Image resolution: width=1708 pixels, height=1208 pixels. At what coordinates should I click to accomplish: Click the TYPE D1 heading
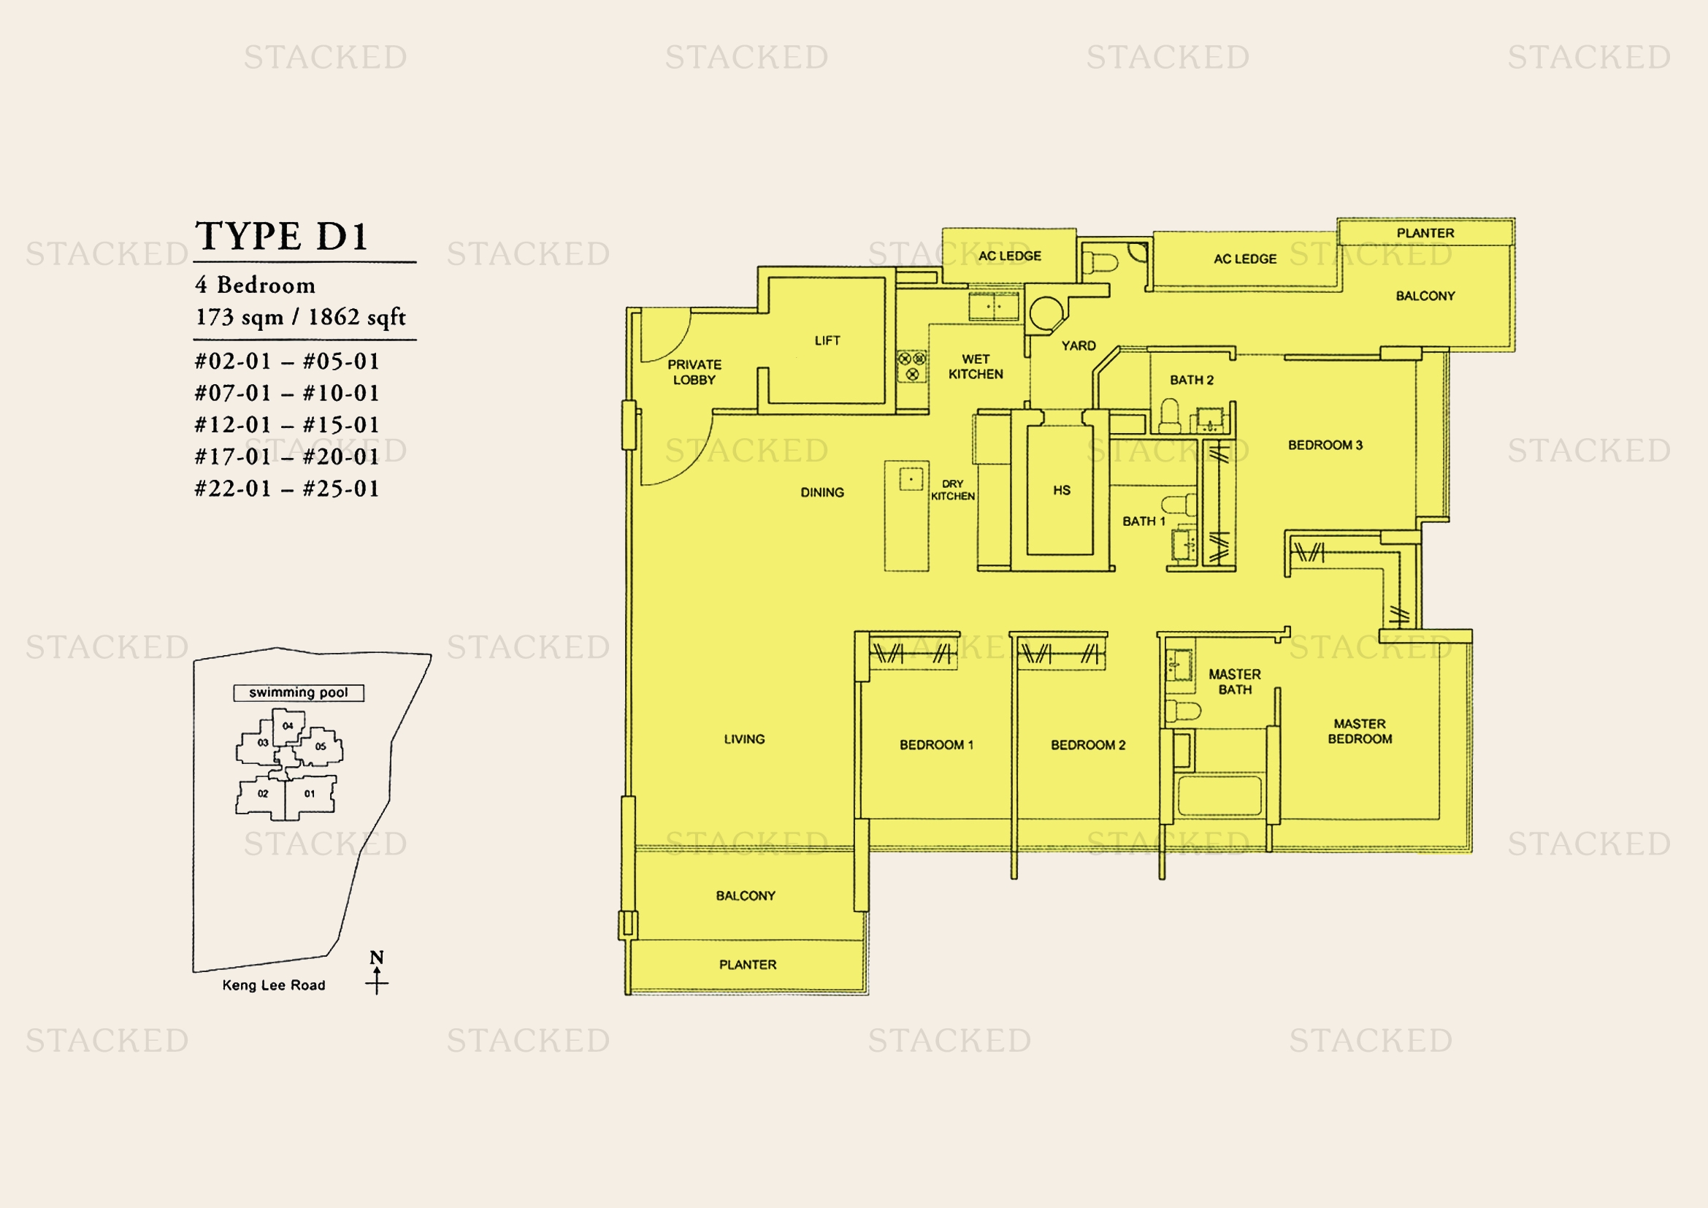pos(282,237)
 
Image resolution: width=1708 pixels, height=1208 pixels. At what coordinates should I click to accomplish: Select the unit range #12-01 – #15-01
pos(287,425)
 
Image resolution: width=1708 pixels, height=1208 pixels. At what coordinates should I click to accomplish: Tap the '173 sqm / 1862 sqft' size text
pos(301,317)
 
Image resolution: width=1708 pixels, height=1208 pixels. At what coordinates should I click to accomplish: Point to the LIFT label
pos(827,340)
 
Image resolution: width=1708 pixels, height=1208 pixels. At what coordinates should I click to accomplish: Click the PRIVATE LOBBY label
pos(694,372)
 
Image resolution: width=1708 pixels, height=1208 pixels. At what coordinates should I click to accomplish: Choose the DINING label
pos(822,492)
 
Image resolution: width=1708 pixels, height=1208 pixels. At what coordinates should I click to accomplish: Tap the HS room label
pos(1062,490)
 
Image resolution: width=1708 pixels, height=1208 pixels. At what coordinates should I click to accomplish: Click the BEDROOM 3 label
pos(1325,445)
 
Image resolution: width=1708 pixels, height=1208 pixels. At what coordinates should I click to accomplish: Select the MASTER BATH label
pos(1235,682)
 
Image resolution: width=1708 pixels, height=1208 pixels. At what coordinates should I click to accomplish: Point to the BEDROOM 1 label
pos(937,744)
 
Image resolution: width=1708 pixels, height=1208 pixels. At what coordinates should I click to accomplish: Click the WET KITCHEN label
pos(976,367)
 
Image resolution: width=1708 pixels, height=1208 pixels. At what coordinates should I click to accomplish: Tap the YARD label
pos(1079,346)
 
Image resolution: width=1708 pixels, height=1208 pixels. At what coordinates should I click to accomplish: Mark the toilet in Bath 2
pos(1170,415)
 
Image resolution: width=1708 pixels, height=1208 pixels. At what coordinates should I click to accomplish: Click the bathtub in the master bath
pos(1219,797)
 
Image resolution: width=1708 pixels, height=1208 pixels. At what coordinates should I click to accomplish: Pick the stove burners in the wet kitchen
pos(912,366)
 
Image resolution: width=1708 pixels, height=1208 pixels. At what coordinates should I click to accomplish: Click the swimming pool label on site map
pos(299,692)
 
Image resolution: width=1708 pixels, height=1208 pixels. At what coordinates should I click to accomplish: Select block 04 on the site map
pos(288,727)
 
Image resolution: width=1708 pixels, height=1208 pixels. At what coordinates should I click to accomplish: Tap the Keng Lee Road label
pos(274,985)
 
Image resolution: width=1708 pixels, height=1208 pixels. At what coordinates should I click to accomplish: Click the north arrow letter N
pos(377,957)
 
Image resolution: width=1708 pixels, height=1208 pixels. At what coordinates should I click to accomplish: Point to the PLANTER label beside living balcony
pos(748,965)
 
